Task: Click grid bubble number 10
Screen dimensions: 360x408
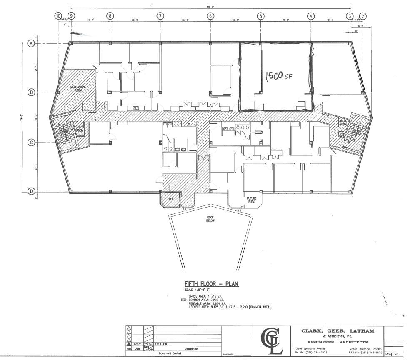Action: click(58, 16)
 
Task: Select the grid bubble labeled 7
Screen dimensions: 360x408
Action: click(160, 16)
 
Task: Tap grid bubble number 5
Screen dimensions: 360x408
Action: click(260, 16)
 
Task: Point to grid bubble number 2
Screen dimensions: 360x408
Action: click(363, 16)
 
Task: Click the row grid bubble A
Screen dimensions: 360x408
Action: click(31, 43)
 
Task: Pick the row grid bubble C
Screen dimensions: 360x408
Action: click(31, 142)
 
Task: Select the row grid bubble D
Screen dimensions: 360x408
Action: click(31, 191)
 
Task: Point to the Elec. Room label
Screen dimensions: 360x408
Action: click(80, 129)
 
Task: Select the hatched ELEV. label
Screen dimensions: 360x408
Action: click(170, 200)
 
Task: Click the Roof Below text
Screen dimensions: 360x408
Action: click(210, 220)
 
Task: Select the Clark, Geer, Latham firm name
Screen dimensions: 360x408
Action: click(338, 331)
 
